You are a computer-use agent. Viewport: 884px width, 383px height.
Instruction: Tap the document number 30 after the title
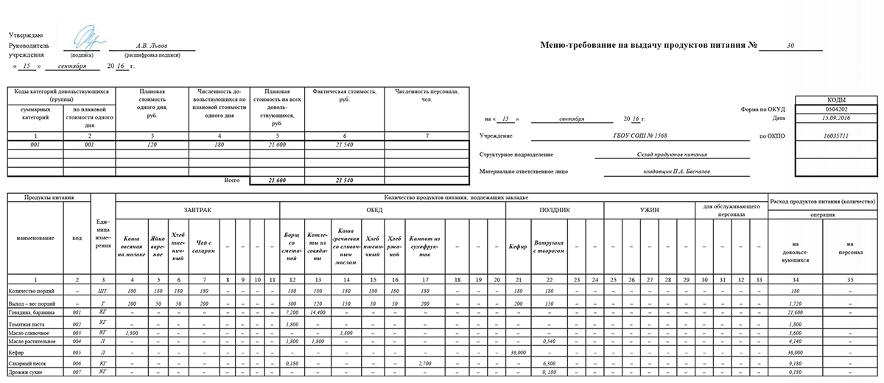coord(790,46)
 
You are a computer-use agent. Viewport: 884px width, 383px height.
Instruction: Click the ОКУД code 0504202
coord(836,109)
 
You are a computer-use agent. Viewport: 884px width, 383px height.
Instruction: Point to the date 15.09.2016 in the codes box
coord(836,118)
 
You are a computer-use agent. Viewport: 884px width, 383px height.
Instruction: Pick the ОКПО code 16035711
coord(836,136)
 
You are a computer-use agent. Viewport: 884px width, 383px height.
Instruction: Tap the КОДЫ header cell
coord(836,99)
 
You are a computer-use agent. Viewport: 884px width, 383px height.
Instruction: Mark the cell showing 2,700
coord(424,362)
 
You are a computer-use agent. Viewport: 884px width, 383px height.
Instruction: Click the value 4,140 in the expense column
coord(793,342)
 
